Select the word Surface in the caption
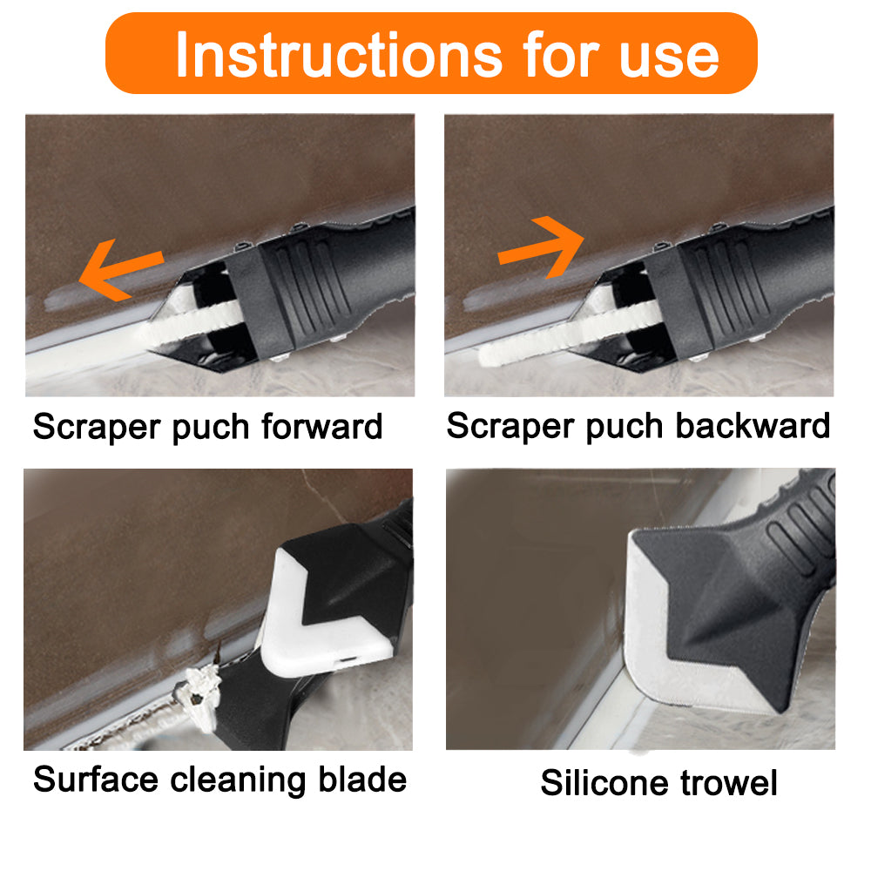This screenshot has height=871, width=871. click(95, 779)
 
